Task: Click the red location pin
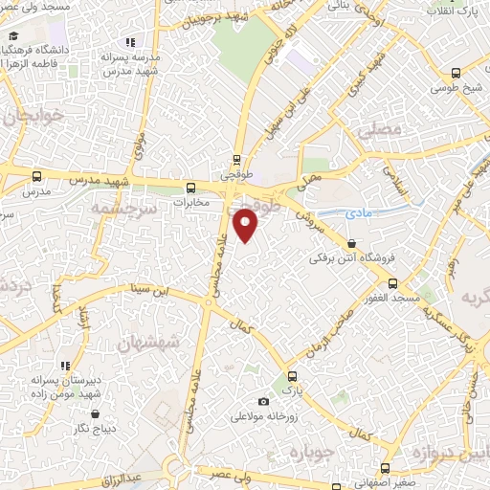[246, 225]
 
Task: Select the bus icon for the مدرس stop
[37, 176]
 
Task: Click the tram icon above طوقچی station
[236, 161]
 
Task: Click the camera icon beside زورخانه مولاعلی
[263, 402]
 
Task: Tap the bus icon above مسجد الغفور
[392, 283]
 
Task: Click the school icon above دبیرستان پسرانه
[65, 366]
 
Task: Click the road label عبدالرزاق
[122, 475]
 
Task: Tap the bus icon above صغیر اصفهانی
[385, 468]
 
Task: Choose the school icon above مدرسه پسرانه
[130, 42]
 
